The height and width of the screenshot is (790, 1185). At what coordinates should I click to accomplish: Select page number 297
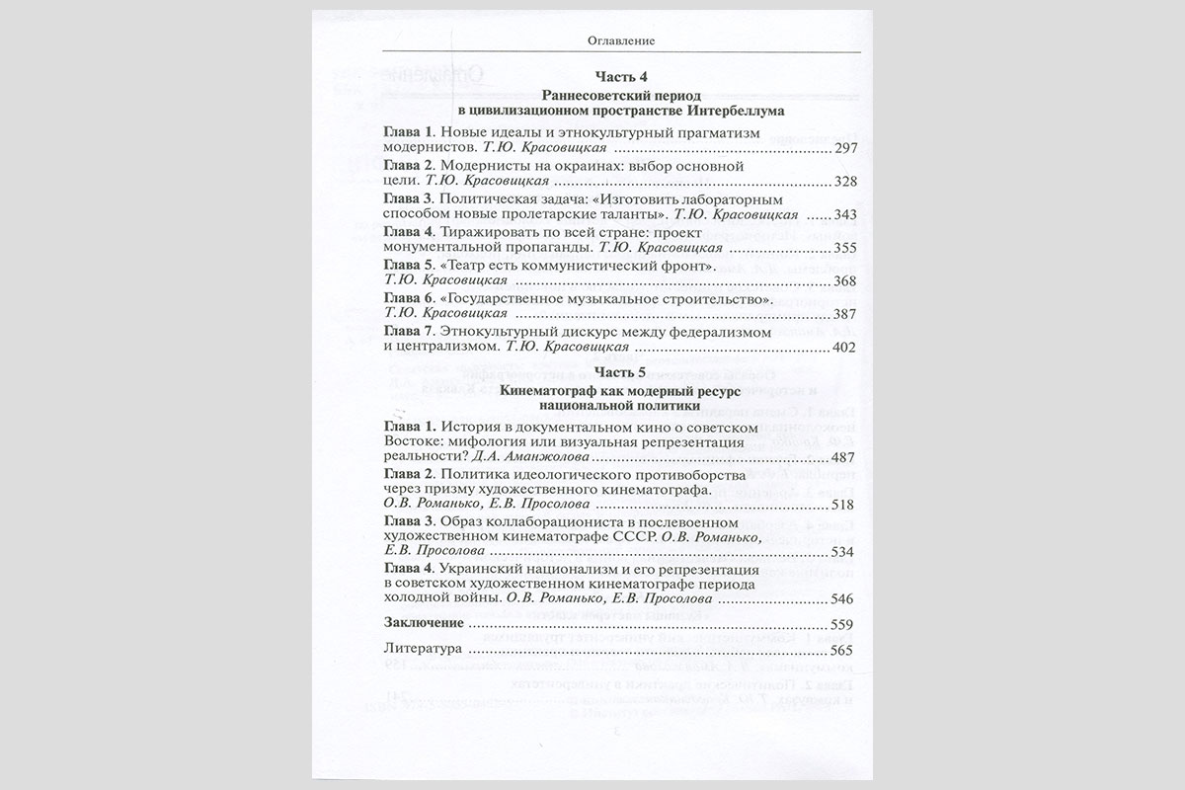click(x=846, y=148)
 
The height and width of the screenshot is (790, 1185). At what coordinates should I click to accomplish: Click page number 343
click(x=846, y=215)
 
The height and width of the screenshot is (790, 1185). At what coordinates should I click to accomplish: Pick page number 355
click(x=846, y=249)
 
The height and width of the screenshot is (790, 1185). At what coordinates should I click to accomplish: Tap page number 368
click(x=846, y=281)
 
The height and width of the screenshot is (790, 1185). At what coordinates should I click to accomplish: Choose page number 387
click(x=846, y=315)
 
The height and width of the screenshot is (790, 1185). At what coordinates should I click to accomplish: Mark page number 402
click(x=846, y=349)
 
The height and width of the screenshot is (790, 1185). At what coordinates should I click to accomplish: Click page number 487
click(x=846, y=458)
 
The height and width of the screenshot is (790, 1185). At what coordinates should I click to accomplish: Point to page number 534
click(x=846, y=552)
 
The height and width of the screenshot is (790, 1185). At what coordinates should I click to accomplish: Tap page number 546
click(x=846, y=598)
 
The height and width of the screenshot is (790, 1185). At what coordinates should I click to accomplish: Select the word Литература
click(x=422, y=652)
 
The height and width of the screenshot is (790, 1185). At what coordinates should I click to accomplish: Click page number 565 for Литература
click(x=846, y=652)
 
